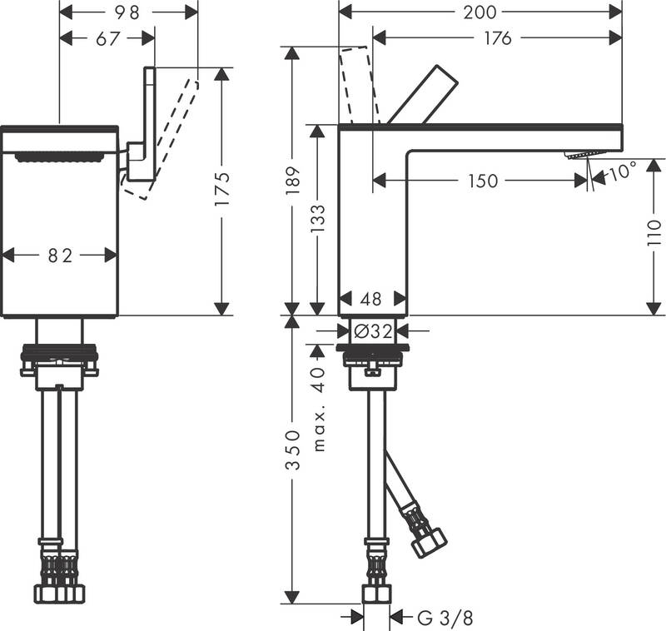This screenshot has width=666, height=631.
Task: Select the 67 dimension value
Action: point(108,38)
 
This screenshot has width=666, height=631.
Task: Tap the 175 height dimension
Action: point(221,191)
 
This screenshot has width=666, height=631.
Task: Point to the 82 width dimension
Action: point(60,256)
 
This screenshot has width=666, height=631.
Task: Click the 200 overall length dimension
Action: point(480,12)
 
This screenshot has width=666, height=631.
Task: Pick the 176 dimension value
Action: point(497,38)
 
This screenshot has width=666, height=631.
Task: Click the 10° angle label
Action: point(622,172)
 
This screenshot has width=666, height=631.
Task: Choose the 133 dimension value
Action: point(317,219)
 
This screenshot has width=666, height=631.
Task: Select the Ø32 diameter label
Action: point(372,330)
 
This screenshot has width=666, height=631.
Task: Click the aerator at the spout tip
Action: point(580,155)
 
